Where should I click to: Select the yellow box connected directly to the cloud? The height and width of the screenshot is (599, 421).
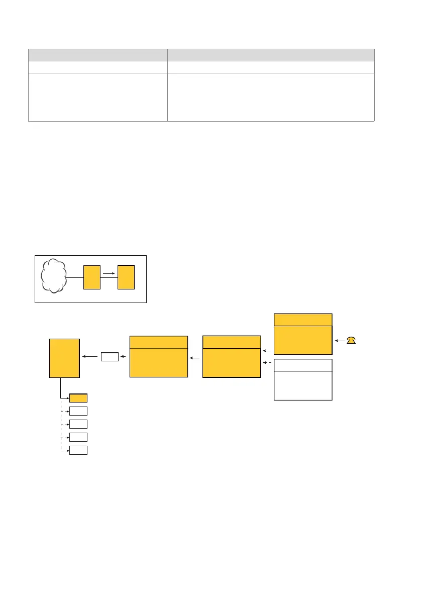92,277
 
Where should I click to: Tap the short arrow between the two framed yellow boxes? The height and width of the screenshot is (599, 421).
109,274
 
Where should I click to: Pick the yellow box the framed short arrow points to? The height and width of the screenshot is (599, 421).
126,277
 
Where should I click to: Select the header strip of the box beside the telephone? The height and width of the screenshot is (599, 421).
303,320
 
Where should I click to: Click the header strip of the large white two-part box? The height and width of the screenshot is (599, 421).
303,365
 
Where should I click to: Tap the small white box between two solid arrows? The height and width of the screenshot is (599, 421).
110,357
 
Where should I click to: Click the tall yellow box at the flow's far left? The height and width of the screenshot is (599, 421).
64,357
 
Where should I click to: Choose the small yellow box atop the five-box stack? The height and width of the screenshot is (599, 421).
78,398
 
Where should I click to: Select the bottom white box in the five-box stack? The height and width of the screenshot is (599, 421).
78,450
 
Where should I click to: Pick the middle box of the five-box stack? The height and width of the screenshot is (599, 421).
78,424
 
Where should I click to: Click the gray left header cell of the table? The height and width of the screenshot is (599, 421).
97,55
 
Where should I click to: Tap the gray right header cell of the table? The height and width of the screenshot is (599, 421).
271,55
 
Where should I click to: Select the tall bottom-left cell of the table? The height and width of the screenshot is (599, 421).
97,97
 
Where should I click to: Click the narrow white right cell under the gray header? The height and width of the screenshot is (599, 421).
271,67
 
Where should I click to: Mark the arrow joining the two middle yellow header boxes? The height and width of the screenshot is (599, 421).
195,357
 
